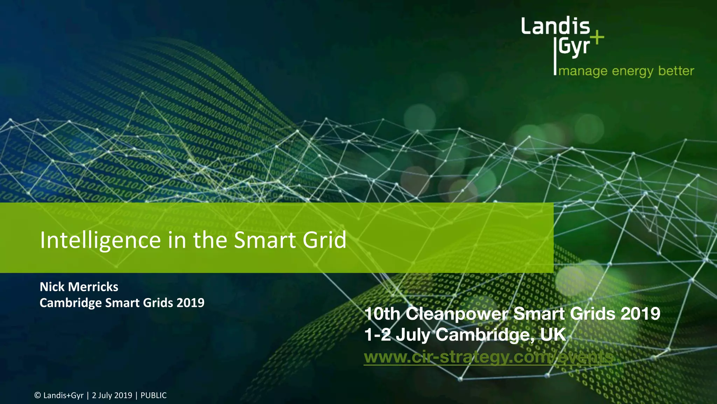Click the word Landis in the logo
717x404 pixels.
click(555, 26)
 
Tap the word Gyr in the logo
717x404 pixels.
click(575, 47)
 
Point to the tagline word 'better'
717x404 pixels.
click(676, 71)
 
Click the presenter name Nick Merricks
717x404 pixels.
click(79, 287)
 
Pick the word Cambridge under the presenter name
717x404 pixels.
click(70, 303)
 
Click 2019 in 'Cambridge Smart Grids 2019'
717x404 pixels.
click(190, 303)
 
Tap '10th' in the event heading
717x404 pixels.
click(382, 314)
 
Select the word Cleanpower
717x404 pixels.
click(457, 314)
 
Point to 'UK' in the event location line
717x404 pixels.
click(553, 335)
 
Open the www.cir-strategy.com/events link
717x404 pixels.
click(489, 357)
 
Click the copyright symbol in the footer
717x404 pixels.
click(37, 396)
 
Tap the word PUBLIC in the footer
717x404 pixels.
click(154, 396)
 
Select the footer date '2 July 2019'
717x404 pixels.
click(112, 396)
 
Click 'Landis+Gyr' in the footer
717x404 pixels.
click(63, 396)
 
